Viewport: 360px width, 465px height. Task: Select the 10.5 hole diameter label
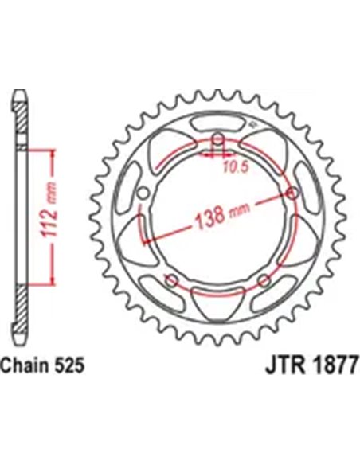[x=231, y=168]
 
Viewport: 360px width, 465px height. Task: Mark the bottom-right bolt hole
[x=262, y=279]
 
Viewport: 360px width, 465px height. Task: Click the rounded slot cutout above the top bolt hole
[x=217, y=128]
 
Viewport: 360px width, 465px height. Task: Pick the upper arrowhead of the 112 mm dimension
[x=53, y=151]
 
